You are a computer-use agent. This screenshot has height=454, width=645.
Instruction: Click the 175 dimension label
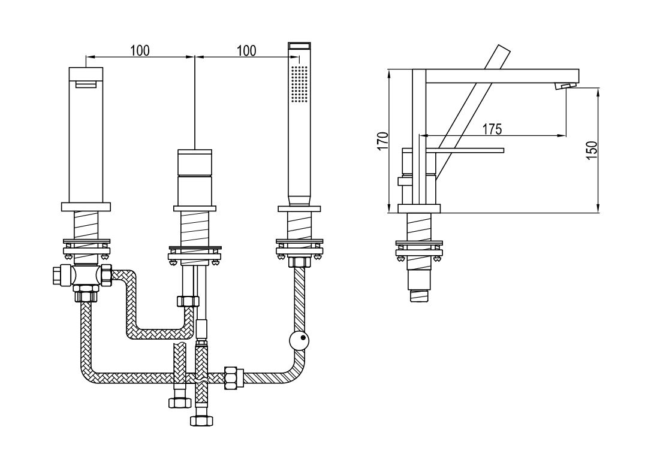pos(492,128)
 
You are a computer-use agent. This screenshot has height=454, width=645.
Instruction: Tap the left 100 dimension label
pos(140,50)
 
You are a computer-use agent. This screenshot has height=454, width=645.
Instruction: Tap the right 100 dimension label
pos(246,50)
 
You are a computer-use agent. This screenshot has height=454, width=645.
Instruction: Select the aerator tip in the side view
pos(565,87)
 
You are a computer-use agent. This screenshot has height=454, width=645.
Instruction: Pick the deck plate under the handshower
pos(298,208)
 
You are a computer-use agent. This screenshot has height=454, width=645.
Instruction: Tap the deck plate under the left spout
pos(86,207)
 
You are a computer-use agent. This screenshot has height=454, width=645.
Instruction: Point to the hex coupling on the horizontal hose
pos(233,377)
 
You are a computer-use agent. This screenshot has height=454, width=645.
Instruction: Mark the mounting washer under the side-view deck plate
pos(419,244)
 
